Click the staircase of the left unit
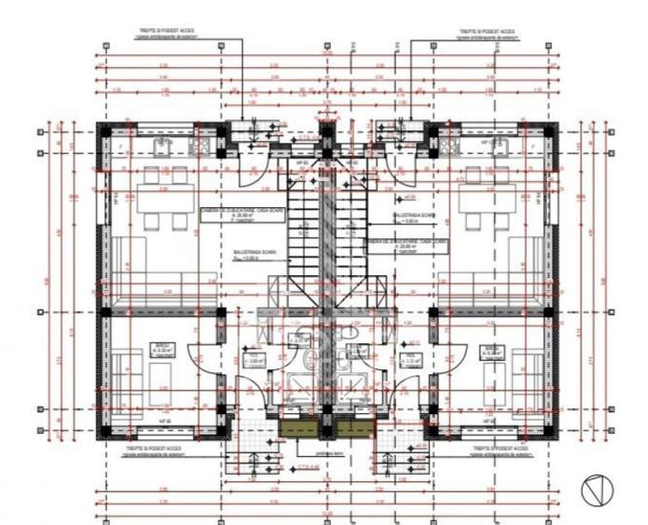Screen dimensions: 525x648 (301, 223)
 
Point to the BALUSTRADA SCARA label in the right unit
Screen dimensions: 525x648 (414, 215)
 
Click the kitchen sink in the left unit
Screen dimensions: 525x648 (159, 147)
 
